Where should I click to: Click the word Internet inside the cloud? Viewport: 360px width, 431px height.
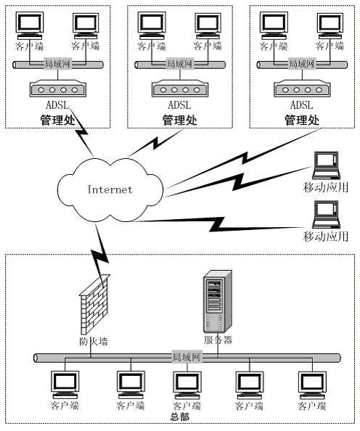point(110,189)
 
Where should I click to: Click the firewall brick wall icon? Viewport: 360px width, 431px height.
point(94,305)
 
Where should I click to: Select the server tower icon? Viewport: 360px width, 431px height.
point(217,301)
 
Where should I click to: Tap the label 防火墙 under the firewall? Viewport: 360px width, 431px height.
point(93,342)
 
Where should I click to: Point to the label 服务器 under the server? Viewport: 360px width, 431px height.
point(218,340)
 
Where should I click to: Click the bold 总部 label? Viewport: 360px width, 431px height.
point(180,417)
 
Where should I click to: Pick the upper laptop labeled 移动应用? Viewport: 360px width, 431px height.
point(326,165)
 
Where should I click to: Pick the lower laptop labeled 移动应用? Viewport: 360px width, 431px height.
point(326,214)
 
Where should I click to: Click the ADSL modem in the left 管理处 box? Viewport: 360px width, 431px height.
point(58,89)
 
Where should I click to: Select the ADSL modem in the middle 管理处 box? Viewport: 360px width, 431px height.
point(180,89)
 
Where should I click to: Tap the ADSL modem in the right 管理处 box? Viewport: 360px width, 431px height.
point(302,89)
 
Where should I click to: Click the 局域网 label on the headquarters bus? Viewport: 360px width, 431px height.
point(187,357)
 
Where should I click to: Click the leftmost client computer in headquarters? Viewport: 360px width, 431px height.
point(65,385)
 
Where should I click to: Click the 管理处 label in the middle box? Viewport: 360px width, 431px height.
point(180,120)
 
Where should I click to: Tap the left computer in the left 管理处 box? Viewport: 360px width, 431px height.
point(30,25)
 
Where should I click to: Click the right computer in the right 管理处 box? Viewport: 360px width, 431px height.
point(330,25)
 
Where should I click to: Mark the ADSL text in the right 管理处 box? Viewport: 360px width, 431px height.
point(302,105)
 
